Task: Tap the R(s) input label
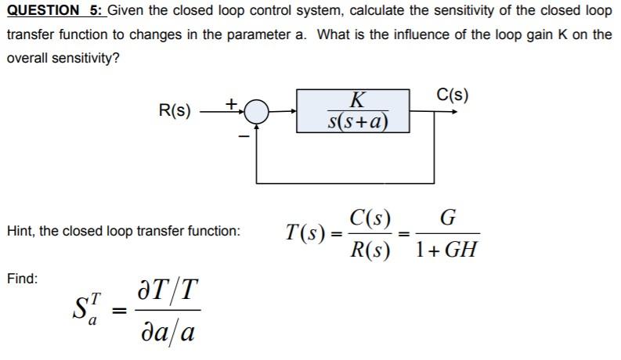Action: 175,110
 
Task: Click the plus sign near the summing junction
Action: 231,103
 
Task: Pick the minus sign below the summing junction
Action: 244,138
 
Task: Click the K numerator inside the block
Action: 357,100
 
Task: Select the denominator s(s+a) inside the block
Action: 358,122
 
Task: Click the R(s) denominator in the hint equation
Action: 371,251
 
